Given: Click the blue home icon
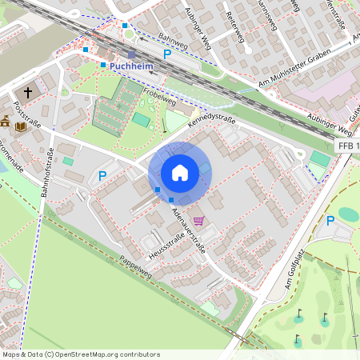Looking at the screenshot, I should [x=180, y=173].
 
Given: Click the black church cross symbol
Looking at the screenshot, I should [x=28, y=93].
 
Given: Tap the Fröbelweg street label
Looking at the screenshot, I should [x=159, y=98].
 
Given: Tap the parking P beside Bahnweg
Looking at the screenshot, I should [x=167, y=54].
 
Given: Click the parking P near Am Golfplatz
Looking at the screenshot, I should [x=330, y=220].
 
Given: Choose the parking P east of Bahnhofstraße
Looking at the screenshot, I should [x=102, y=175].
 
